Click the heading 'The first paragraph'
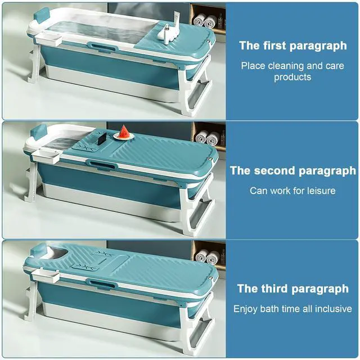(292, 46)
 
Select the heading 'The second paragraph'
(292, 170)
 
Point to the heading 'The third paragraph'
(292, 289)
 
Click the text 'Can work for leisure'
(292, 191)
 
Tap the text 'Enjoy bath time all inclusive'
(292, 309)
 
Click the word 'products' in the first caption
(292, 77)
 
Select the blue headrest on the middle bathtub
(39, 133)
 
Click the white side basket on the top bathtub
(49, 38)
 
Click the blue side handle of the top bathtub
(101, 46)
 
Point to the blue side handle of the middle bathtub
(100, 165)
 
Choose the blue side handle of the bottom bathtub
(100, 283)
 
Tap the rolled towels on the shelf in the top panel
(205, 21)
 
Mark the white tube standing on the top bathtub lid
(177, 20)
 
